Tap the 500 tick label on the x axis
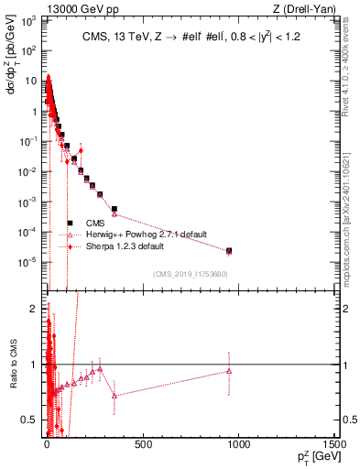143,443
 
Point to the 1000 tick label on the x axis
239,443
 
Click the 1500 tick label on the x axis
334,443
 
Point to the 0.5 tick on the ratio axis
32,420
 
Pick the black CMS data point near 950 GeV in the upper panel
229,250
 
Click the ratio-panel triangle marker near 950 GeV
229,371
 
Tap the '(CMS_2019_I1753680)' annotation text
190,274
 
